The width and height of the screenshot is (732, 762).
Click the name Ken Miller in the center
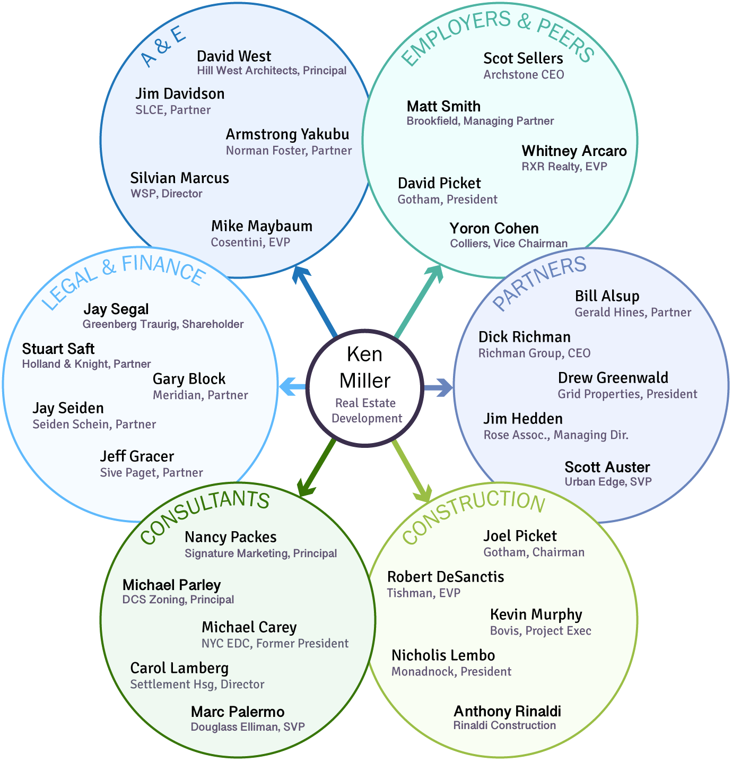(x=365, y=367)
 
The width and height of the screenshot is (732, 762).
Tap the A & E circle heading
(x=163, y=47)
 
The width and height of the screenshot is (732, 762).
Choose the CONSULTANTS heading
(x=205, y=515)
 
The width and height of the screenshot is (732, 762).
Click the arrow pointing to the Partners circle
(x=438, y=387)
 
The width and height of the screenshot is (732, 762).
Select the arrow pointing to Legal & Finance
(x=292, y=386)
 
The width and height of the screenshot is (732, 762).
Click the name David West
(x=233, y=56)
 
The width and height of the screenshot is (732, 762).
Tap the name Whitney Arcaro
(x=574, y=151)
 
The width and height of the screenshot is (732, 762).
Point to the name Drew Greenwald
(x=613, y=378)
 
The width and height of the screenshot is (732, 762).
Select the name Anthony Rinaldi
(x=507, y=711)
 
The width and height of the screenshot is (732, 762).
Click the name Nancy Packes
(x=230, y=537)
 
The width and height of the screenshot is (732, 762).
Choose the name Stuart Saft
(x=58, y=349)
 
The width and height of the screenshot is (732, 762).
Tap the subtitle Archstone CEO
(x=524, y=75)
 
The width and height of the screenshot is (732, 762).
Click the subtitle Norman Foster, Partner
(x=289, y=151)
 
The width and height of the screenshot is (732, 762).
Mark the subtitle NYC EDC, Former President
(x=275, y=644)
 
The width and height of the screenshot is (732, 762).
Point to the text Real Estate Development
(x=367, y=410)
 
